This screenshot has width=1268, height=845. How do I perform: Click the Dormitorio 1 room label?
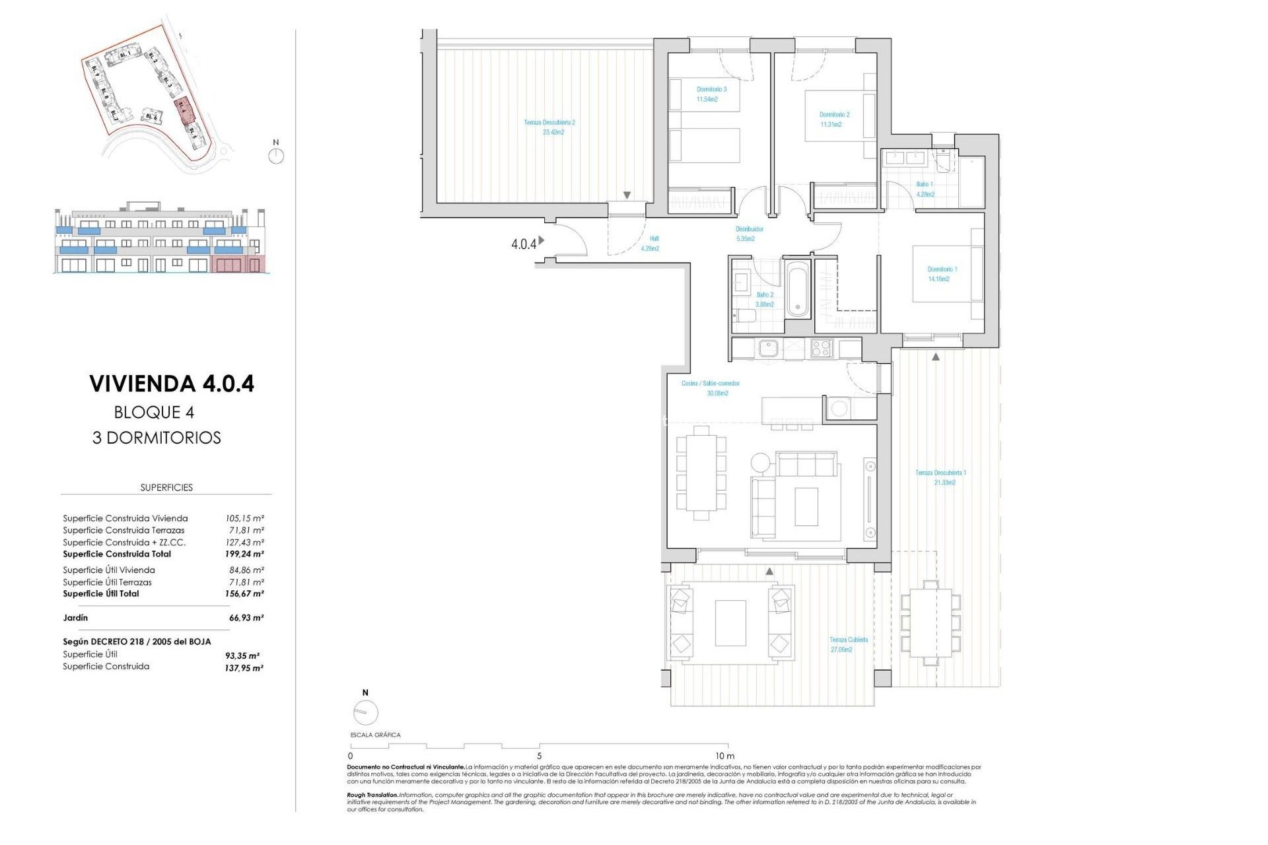point(942,274)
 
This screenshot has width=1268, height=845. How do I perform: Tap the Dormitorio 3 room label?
point(711,94)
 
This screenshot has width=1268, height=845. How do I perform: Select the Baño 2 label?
point(764,300)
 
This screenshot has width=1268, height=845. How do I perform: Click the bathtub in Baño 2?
point(798,290)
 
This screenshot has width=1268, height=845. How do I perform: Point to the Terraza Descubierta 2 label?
point(549,127)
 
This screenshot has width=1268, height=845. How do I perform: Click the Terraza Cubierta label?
point(848,644)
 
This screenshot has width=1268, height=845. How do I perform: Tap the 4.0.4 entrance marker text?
point(524,244)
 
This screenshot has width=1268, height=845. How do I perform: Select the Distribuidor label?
point(749,234)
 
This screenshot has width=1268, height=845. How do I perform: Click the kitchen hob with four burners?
point(821,348)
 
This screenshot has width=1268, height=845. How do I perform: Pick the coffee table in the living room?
point(806,506)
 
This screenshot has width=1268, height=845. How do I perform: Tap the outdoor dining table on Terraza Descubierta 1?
point(930,623)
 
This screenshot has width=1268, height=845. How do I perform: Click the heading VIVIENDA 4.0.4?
point(172,384)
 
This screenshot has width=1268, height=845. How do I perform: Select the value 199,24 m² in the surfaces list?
point(244,555)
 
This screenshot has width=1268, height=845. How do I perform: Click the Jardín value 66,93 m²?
point(246,618)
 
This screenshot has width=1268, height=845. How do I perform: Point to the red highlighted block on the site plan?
point(182,110)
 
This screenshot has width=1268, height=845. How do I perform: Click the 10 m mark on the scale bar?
point(724,756)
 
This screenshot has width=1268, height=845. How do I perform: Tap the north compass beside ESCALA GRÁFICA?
point(365,712)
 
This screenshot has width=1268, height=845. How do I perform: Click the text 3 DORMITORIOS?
point(157,438)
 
